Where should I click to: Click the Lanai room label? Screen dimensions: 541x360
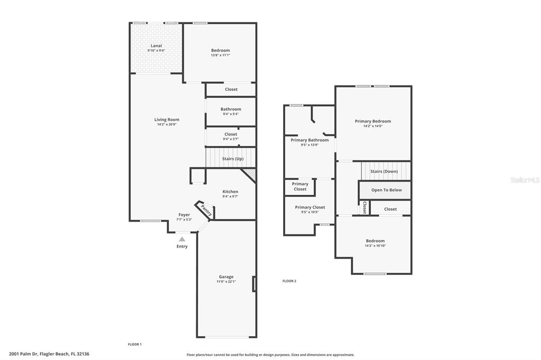point(156,45)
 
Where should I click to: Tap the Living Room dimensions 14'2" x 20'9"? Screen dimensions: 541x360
point(166,125)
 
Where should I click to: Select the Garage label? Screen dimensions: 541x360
point(226,277)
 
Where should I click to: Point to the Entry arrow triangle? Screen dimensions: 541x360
point(182,239)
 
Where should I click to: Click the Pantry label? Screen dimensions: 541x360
point(207,210)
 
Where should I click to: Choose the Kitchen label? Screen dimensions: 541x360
point(230,192)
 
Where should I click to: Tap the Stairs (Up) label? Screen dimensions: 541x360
point(233,158)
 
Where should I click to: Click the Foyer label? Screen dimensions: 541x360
point(184,214)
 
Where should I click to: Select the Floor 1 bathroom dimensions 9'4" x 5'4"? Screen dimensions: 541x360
point(231,114)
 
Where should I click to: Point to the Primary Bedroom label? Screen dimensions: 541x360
point(373,121)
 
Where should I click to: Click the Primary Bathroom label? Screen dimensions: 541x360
point(310,140)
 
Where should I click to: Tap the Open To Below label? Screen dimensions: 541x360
point(386,190)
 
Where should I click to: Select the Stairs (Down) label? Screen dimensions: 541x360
point(384,172)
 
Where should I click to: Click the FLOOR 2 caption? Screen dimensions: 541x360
point(289,281)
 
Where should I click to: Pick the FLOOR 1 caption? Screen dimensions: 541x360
point(135,344)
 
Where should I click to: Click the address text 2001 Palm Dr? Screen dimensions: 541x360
point(23,354)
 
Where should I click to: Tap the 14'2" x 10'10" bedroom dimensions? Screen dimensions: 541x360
point(375,246)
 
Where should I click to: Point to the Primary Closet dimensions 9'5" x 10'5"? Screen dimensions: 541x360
point(310,212)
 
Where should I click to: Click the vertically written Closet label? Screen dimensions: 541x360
point(365,208)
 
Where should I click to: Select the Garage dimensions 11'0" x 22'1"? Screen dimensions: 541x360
point(226,281)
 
